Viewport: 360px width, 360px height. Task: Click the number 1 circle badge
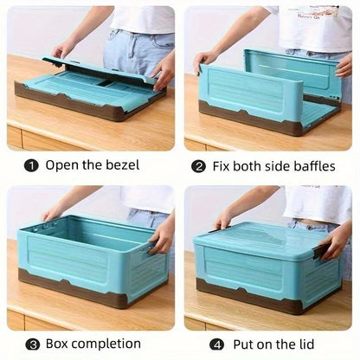(x=30, y=164)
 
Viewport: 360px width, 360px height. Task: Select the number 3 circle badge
(x=30, y=344)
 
